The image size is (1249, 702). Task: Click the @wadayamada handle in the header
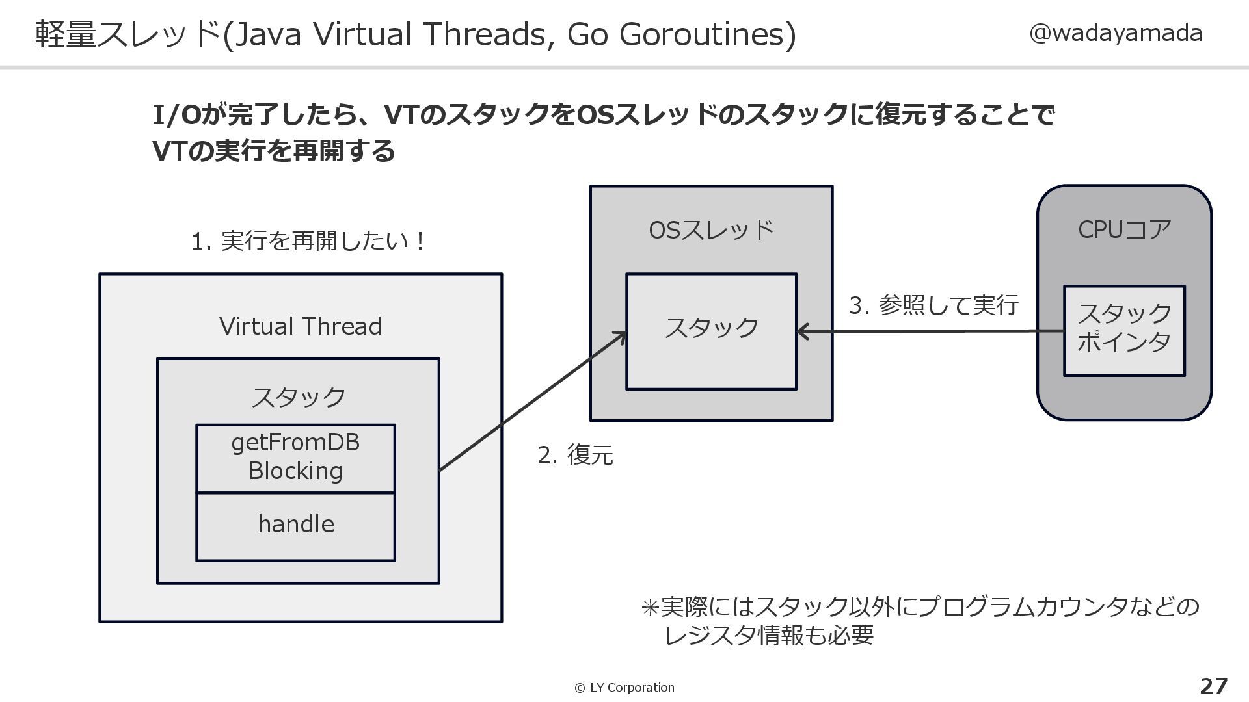point(1115,32)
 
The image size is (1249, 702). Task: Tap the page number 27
point(1213,686)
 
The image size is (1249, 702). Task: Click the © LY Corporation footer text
point(624,688)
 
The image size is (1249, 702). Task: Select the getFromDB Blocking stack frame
point(295,458)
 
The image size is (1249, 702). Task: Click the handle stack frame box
point(295,526)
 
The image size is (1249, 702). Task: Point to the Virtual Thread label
point(300,326)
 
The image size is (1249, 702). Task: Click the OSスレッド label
point(710,230)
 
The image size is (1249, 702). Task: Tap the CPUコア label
point(1124,229)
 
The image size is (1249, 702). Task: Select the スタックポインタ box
point(1123,330)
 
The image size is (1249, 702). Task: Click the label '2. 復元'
point(575,455)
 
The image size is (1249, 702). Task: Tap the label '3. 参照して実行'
point(933,305)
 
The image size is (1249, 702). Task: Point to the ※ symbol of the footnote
point(650,608)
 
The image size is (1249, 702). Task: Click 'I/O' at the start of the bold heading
point(176,115)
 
